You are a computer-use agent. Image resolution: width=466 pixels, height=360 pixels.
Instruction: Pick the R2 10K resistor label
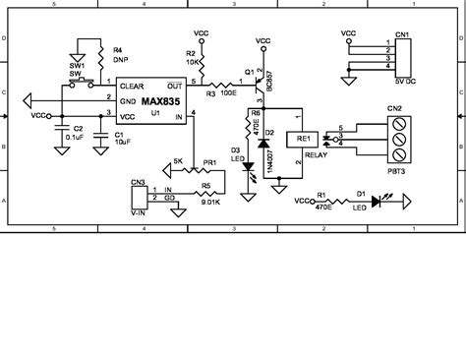click(x=195, y=57)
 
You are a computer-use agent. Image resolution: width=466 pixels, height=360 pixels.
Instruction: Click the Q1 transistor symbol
click(x=259, y=85)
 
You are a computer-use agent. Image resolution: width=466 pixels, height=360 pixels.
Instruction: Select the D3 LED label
click(x=236, y=153)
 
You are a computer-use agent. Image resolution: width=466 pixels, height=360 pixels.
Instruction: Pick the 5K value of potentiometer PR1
click(x=177, y=161)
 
